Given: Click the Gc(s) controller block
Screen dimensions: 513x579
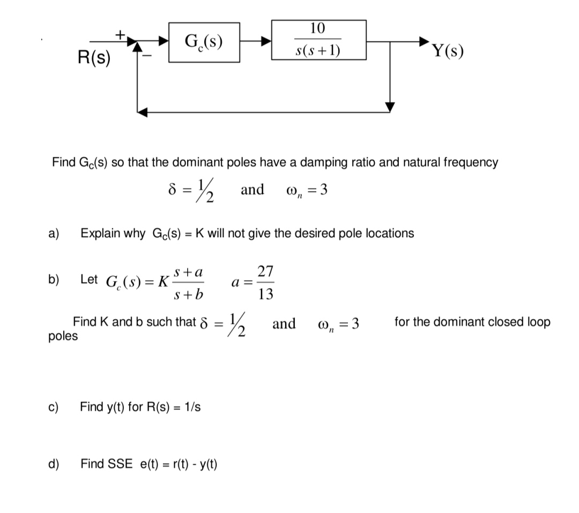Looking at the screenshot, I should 204,42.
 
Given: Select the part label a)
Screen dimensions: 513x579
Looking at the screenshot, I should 54,233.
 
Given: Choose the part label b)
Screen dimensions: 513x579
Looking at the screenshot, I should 54,279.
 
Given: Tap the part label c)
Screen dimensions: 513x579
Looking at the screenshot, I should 54,407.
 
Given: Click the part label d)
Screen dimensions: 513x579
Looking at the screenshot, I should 54,464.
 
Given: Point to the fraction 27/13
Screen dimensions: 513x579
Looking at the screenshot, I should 265,282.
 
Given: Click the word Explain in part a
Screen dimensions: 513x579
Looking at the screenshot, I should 99,233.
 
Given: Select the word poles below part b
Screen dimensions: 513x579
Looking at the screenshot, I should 63,336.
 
